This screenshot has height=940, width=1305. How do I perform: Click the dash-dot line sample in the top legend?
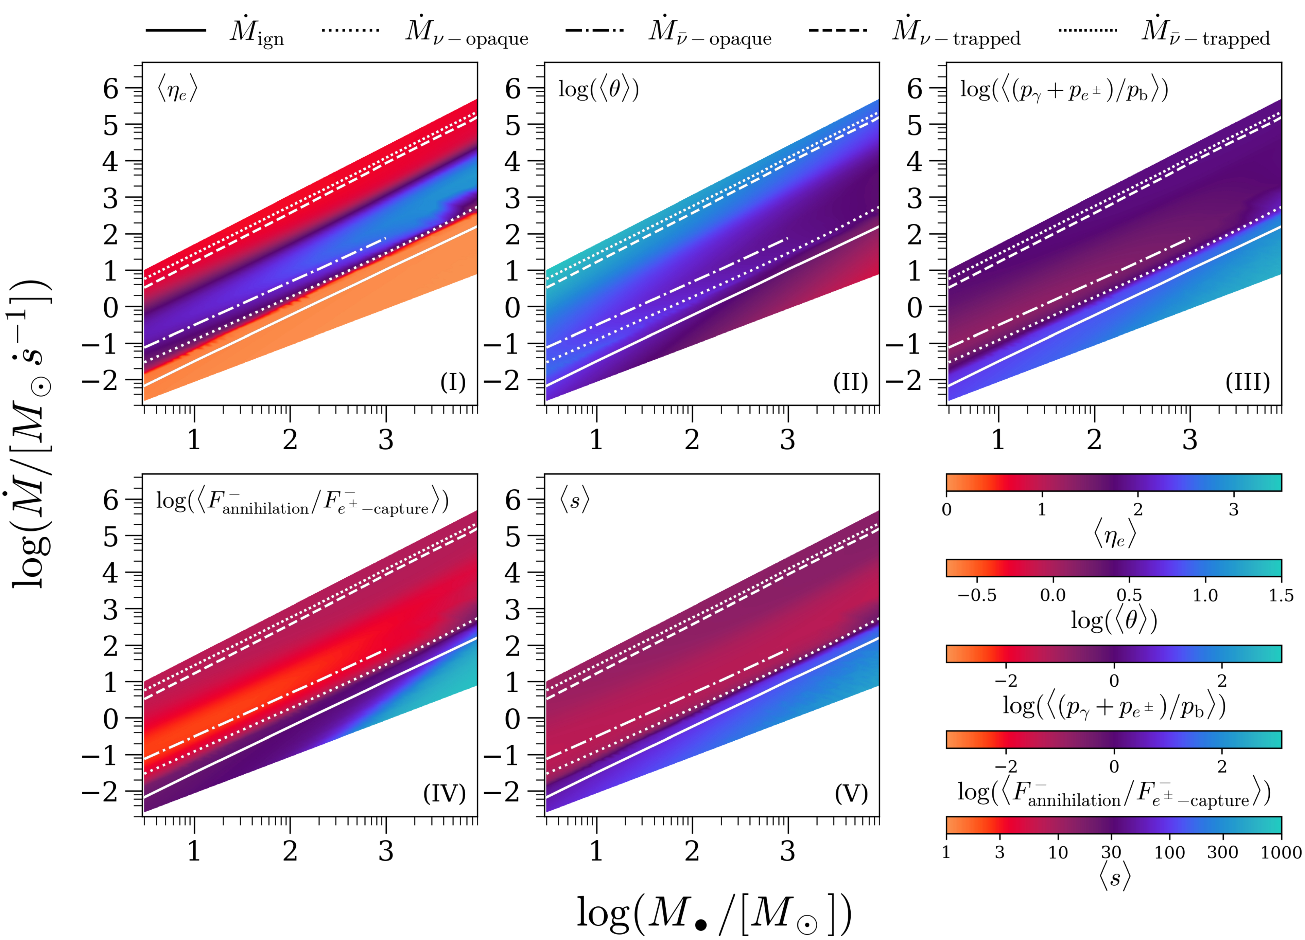[x=594, y=30]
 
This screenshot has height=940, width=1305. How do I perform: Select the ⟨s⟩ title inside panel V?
[x=574, y=501]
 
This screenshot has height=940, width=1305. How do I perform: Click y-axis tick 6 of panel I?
[x=110, y=89]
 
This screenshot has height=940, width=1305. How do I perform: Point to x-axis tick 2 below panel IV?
[x=290, y=851]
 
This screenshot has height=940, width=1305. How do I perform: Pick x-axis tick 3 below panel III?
[x=1189, y=440]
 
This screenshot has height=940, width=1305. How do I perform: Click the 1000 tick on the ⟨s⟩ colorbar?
[x=1281, y=852]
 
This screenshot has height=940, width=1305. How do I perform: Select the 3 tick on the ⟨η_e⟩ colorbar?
[x=1233, y=509]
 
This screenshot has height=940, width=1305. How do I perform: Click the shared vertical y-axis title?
[x=32, y=434]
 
